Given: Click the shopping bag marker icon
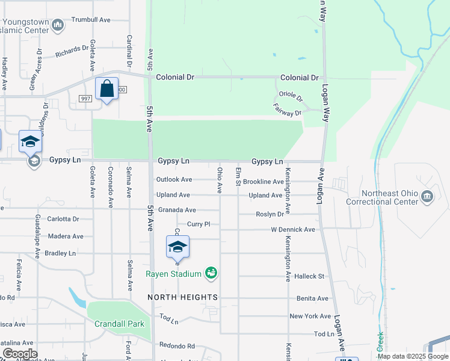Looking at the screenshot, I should coord(106,89).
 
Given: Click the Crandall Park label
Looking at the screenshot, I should coord(119,324).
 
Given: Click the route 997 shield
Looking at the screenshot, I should coord(85,99).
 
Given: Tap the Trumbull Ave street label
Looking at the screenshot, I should coord(91,20).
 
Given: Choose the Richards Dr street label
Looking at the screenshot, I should coord(72,52).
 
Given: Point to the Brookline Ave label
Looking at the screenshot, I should coord(263,182).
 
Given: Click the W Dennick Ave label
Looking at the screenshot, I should coord(293,230).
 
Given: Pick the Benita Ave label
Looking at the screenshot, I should coord(312,298).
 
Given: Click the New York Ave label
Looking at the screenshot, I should coord(310,316).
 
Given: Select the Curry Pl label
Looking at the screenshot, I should coord(199,224).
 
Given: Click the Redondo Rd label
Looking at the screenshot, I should coord(177,346).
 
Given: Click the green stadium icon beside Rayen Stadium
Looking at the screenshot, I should coord(211,273).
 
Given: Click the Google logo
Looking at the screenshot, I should coord(19,354).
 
